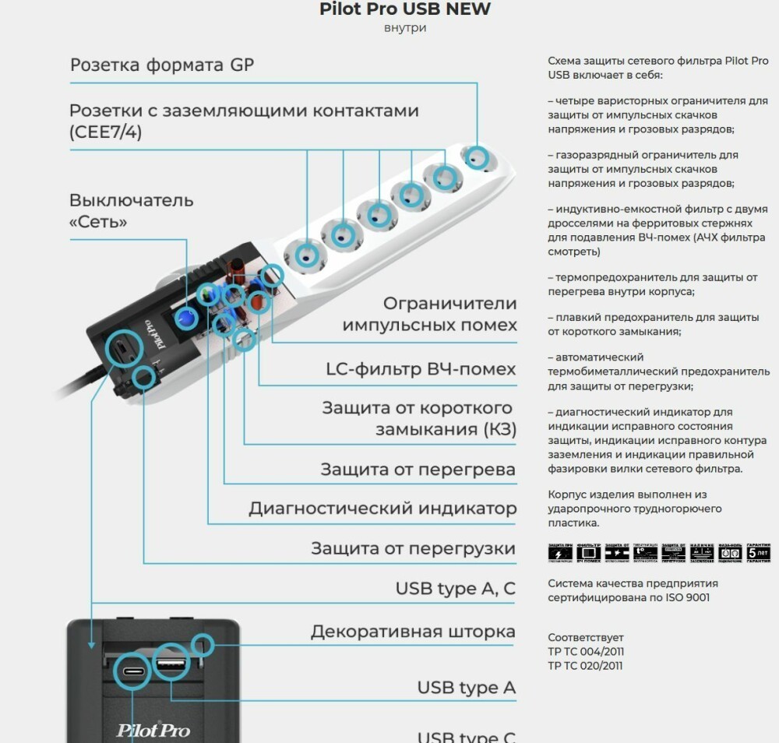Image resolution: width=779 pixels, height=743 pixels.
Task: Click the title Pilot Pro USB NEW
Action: point(405,9)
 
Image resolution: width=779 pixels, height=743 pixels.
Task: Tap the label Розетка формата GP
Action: point(162,65)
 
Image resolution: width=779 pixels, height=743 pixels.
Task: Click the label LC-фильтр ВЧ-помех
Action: point(421,369)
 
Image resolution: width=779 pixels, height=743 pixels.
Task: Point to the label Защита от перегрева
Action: point(418,470)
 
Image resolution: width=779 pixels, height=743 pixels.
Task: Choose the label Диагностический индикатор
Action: point(382,509)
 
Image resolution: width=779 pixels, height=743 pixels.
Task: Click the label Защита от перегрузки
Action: point(413,548)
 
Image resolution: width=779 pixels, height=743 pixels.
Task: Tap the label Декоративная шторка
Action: point(413,632)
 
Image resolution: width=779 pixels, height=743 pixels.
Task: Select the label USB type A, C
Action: point(455,589)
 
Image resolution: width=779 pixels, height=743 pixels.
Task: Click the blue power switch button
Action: point(186,318)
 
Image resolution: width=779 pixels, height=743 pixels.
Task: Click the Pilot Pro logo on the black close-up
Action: point(153,730)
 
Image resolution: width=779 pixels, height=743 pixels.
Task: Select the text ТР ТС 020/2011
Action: point(585,666)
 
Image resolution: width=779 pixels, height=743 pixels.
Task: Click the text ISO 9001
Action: point(685,598)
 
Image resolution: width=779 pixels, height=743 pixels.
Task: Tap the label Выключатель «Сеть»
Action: point(131,211)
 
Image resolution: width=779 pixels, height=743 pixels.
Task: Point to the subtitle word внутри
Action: point(405,29)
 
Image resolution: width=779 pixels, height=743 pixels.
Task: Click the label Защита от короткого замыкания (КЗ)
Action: point(418,418)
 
